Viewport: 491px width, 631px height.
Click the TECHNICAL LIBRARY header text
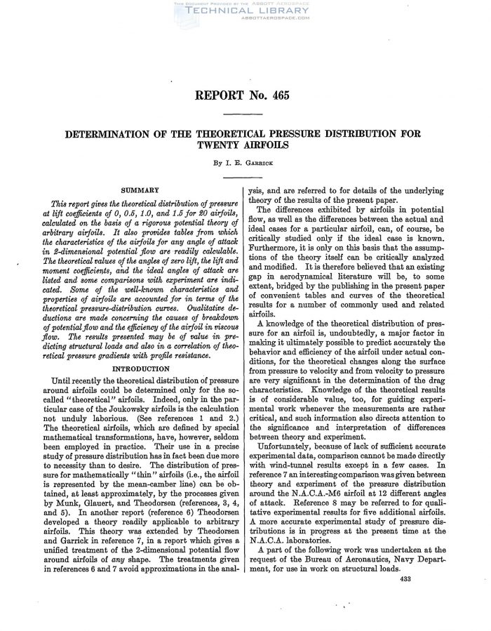[245, 12]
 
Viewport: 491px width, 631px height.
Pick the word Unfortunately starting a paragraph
[285, 444]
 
